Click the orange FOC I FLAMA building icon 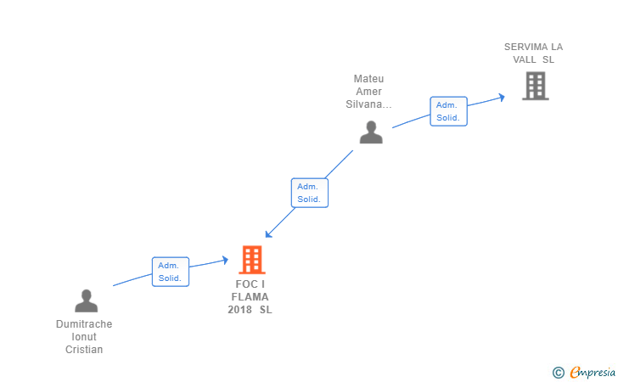point(252,260)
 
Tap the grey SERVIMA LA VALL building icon point(535,86)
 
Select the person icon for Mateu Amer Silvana point(371,132)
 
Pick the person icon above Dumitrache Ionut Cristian point(86,301)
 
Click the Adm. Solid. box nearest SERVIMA point(448,111)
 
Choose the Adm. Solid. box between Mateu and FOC point(309,193)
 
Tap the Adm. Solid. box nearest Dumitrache point(171,272)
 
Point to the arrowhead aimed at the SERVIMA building point(502,97)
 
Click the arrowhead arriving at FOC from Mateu point(268,234)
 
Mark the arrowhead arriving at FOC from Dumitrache point(226,260)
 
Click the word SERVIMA point(525,47)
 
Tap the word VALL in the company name point(525,59)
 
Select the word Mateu point(368,79)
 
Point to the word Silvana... point(365,104)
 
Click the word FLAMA point(250,297)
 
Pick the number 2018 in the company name point(239,310)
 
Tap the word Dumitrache point(84,324)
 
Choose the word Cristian point(84,349)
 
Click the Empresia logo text point(593,372)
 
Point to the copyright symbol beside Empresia point(558,373)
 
